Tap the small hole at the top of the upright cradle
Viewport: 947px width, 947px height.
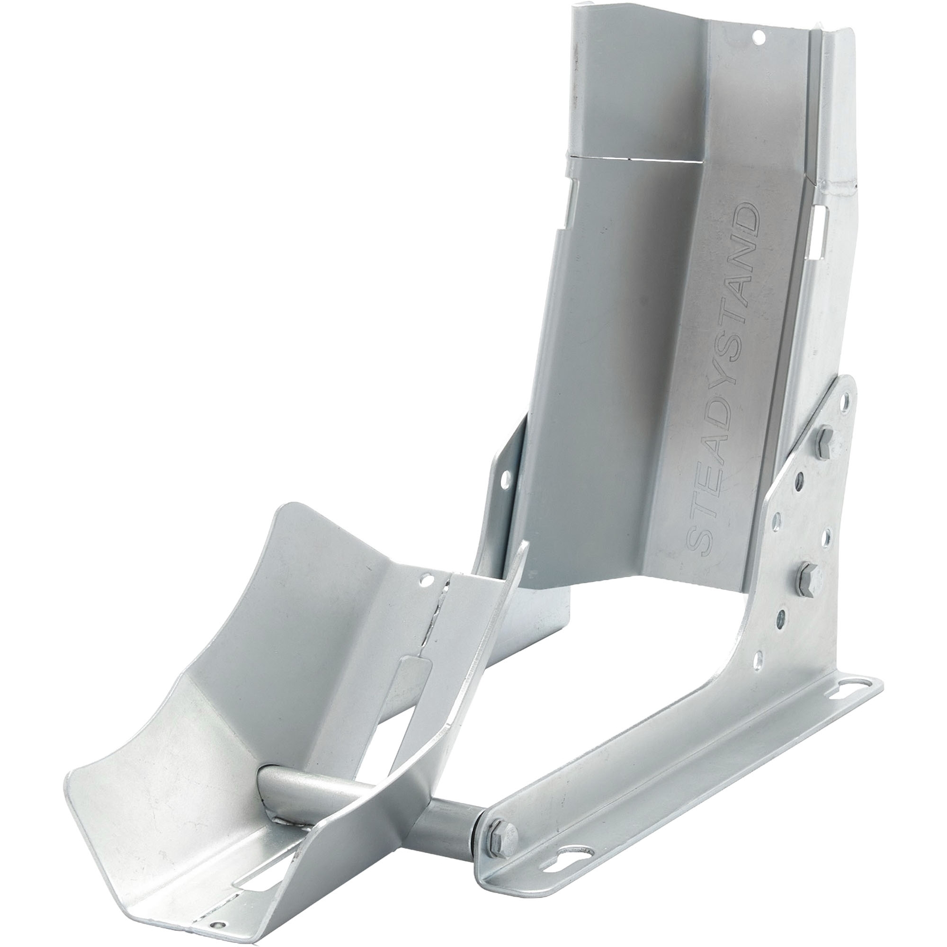[759, 36]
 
